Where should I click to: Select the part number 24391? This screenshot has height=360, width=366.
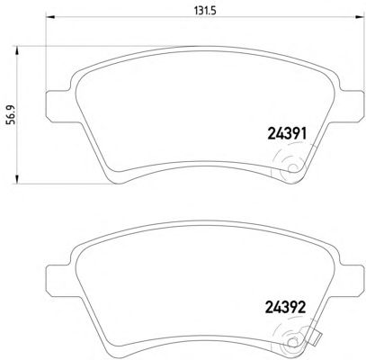pyautogui.click(x=287, y=134)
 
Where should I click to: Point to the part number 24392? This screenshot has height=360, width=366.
pyautogui.click(x=286, y=307)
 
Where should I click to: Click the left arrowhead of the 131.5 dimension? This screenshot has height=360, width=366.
pyautogui.click(x=49, y=17)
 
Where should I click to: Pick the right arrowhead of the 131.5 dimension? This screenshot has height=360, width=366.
pyautogui.click(x=361, y=17)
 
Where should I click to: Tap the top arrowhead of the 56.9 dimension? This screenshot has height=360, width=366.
pyautogui.click(x=17, y=50)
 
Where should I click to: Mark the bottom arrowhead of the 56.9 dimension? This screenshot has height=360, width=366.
pyautogui.click(x=17, y=179)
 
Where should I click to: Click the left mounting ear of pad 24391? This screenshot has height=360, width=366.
pyautogui.click(x=58, y=106)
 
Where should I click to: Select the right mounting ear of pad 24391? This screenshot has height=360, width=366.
pyautogui.click(x=353, y=106)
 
